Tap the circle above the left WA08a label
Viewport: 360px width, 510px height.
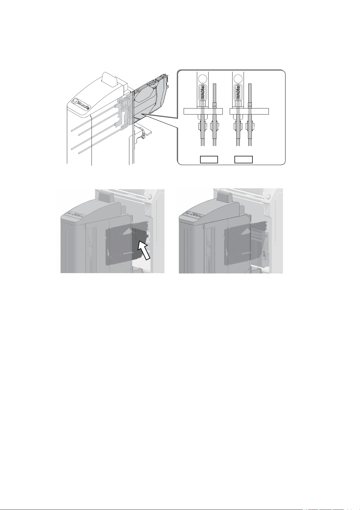(x=202, y=79)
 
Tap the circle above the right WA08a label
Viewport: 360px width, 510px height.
(x=238, y=79)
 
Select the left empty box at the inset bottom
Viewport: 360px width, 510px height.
(x=209, y=160)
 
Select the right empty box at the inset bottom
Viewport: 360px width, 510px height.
(x=243, y=160)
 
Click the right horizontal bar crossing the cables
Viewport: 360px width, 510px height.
(x=249, y=111)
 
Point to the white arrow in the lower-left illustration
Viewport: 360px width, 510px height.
(x=144, y=251)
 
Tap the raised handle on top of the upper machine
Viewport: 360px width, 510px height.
(x=110, y=79)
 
